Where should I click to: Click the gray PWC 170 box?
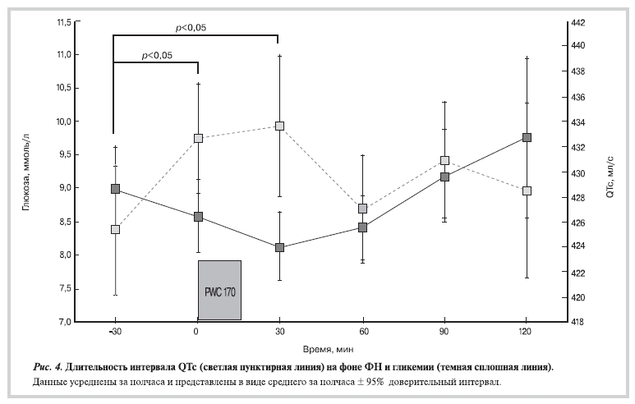[219, 290]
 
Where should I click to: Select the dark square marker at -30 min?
[115, 189]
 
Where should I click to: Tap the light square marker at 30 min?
[279, 126]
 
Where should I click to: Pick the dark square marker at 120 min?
[527, 137]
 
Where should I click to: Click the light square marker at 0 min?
[197, 138]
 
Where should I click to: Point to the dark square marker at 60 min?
[362, 227]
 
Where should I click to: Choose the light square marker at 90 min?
[444, 161]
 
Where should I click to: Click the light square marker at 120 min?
[527, 191]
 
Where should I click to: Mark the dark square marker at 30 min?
[279, 247]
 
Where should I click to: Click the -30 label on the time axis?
[114, 333]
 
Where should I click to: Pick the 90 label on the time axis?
[444, 333]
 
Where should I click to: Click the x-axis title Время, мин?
[321, 349]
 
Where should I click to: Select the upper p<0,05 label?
[191, 27]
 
